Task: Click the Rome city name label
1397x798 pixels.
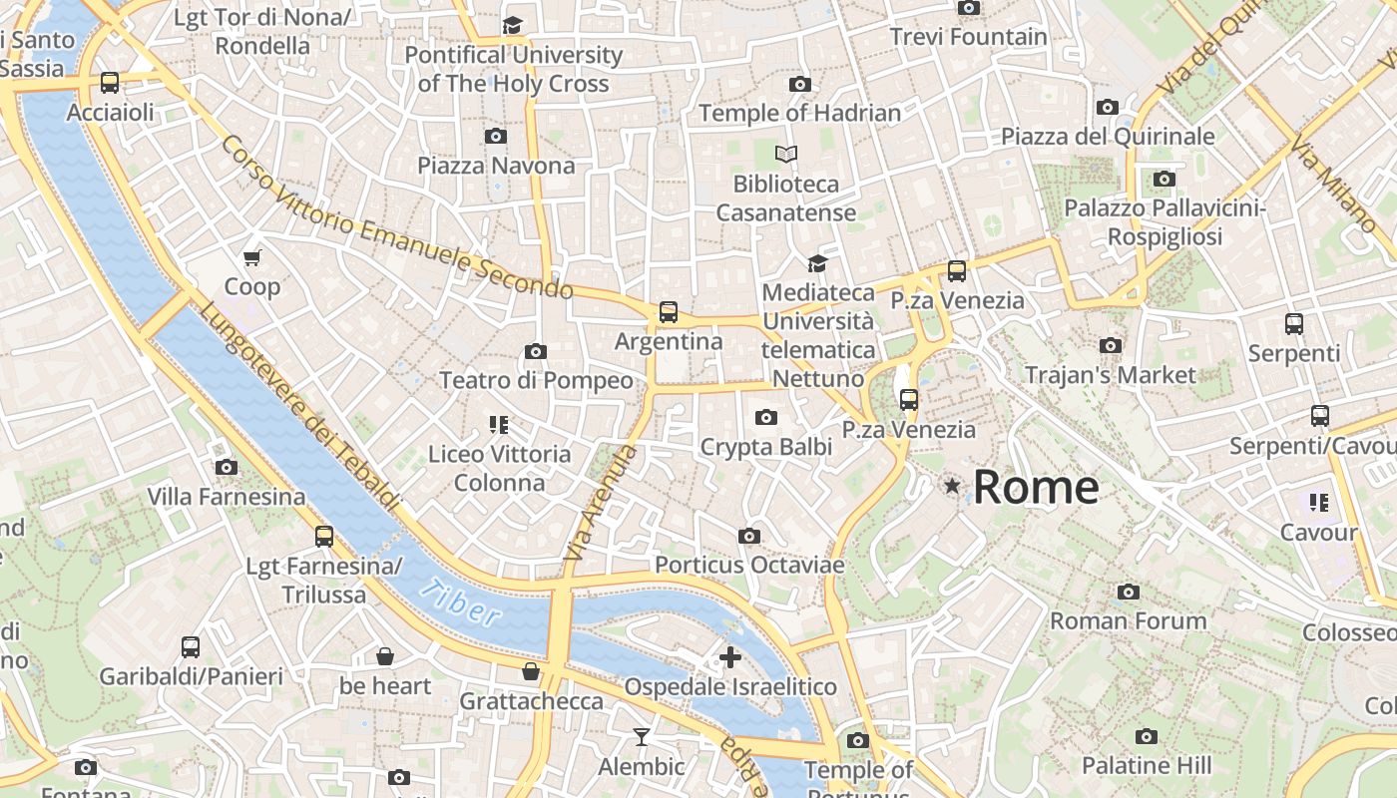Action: click(x=1036, y=488)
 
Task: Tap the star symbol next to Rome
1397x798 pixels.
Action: click(x=953, y=486)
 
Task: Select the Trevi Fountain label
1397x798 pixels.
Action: click(x=969, y=37)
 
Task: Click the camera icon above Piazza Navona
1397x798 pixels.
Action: click(x=495, y=136)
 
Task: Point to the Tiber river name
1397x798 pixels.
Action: click(x=459, y=601)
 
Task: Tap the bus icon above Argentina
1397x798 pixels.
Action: click(x=669, y=312)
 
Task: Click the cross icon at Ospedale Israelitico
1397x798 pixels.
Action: click(x=730, y=657)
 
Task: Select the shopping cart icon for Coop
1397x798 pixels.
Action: click(x=252, y=257)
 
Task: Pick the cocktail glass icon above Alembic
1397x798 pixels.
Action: click(x=641, y=737)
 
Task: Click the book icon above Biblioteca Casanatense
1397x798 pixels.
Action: click(x=786, y=155)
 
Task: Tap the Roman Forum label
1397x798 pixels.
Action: click(x=1129, y=620)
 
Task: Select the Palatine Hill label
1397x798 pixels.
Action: click(x=1147, y=765)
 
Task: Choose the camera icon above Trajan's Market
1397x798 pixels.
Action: click(x=1110, y=345)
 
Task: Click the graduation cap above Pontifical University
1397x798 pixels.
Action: click(x=513, y=26)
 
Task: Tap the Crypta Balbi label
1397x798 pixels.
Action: click(x=765, y=446)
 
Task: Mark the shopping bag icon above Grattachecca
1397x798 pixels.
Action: click(x=531, y=671)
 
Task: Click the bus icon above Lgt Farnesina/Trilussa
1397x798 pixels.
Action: click(x=324, y=537)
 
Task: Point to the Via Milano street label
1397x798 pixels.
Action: click(x=1332, y=186)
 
